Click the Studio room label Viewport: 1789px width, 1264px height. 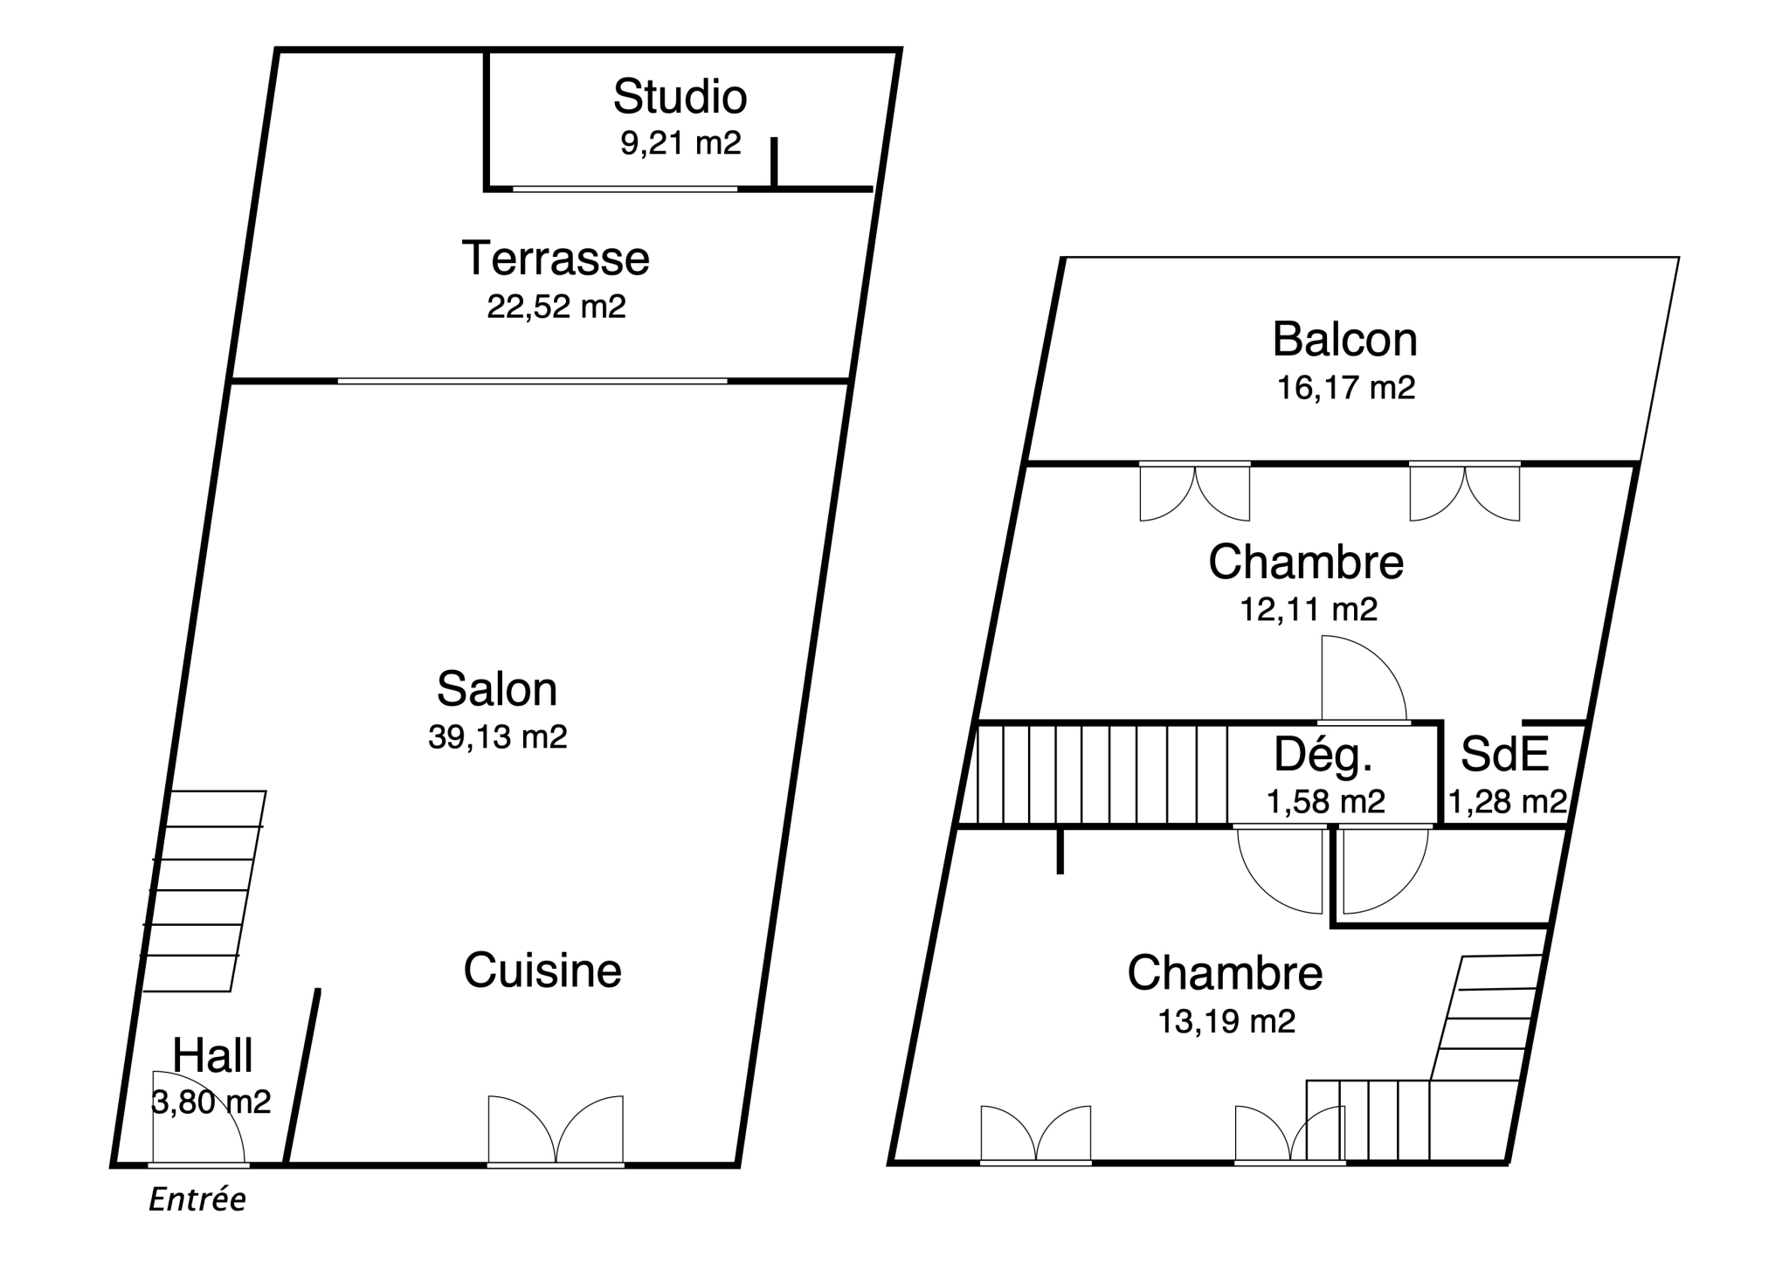point(680,96)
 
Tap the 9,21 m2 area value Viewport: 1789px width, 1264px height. point(680,142)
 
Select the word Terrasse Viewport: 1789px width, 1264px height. point(556,258)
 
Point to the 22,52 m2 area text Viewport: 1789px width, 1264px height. point(556,307)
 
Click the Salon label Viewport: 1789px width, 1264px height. point(497,688)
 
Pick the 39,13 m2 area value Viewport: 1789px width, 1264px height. point(498,736)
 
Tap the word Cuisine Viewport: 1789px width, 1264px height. point(542,970)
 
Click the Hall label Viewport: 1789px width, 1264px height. point(212,1054)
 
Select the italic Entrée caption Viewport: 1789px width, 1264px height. point(197,1199)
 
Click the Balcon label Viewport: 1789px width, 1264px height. point(1344,339)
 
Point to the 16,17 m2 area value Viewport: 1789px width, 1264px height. point(1346,387)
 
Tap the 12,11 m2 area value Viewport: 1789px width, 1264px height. point(1309,609)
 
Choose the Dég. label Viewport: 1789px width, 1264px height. point(1323,754)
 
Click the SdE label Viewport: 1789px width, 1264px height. point(1504,754)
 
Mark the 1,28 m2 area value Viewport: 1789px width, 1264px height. point(1508,801)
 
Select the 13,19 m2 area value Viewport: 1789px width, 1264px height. point(1226,1020)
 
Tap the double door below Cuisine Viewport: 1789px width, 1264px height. point(556,1129)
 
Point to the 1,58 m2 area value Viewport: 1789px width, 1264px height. point(1326,801)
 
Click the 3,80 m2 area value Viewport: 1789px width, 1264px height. point(211,1102)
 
